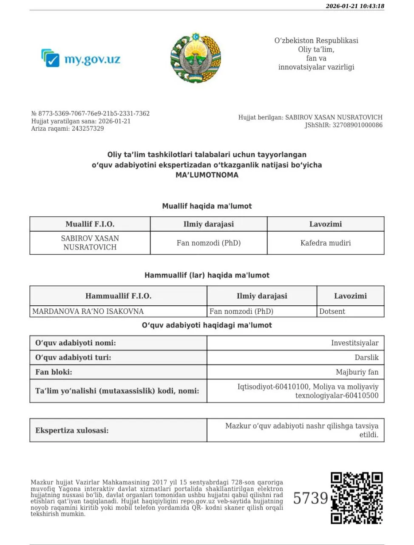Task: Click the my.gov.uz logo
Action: click(x=81, y=58)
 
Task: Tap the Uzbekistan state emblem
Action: click(x=196, y=57)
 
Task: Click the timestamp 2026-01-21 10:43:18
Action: click(x=355, y=6)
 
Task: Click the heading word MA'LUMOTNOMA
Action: click(x=207, y=175)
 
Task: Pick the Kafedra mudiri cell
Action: click(x=326, y=243)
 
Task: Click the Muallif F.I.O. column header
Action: click(x=90, y=224)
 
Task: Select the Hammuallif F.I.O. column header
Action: click(x=118, y=296)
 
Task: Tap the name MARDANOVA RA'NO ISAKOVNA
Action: click(x=88, y=312)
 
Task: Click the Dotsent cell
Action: click(x=332, y=312)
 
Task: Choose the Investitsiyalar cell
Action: click(x=354, y=343)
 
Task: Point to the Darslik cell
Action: click(x=366, y=358)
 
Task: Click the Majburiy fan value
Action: click(x=357, y=372)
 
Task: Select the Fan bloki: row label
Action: click(x=54, y=372)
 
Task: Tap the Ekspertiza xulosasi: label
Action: click(x=72, y=430)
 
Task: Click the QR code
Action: click(x=357, y=498)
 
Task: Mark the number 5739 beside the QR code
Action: click(x=311, y=498)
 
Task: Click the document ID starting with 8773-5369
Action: click(x=94, y=114)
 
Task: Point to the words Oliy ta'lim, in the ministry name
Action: click(x=316, y=49)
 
